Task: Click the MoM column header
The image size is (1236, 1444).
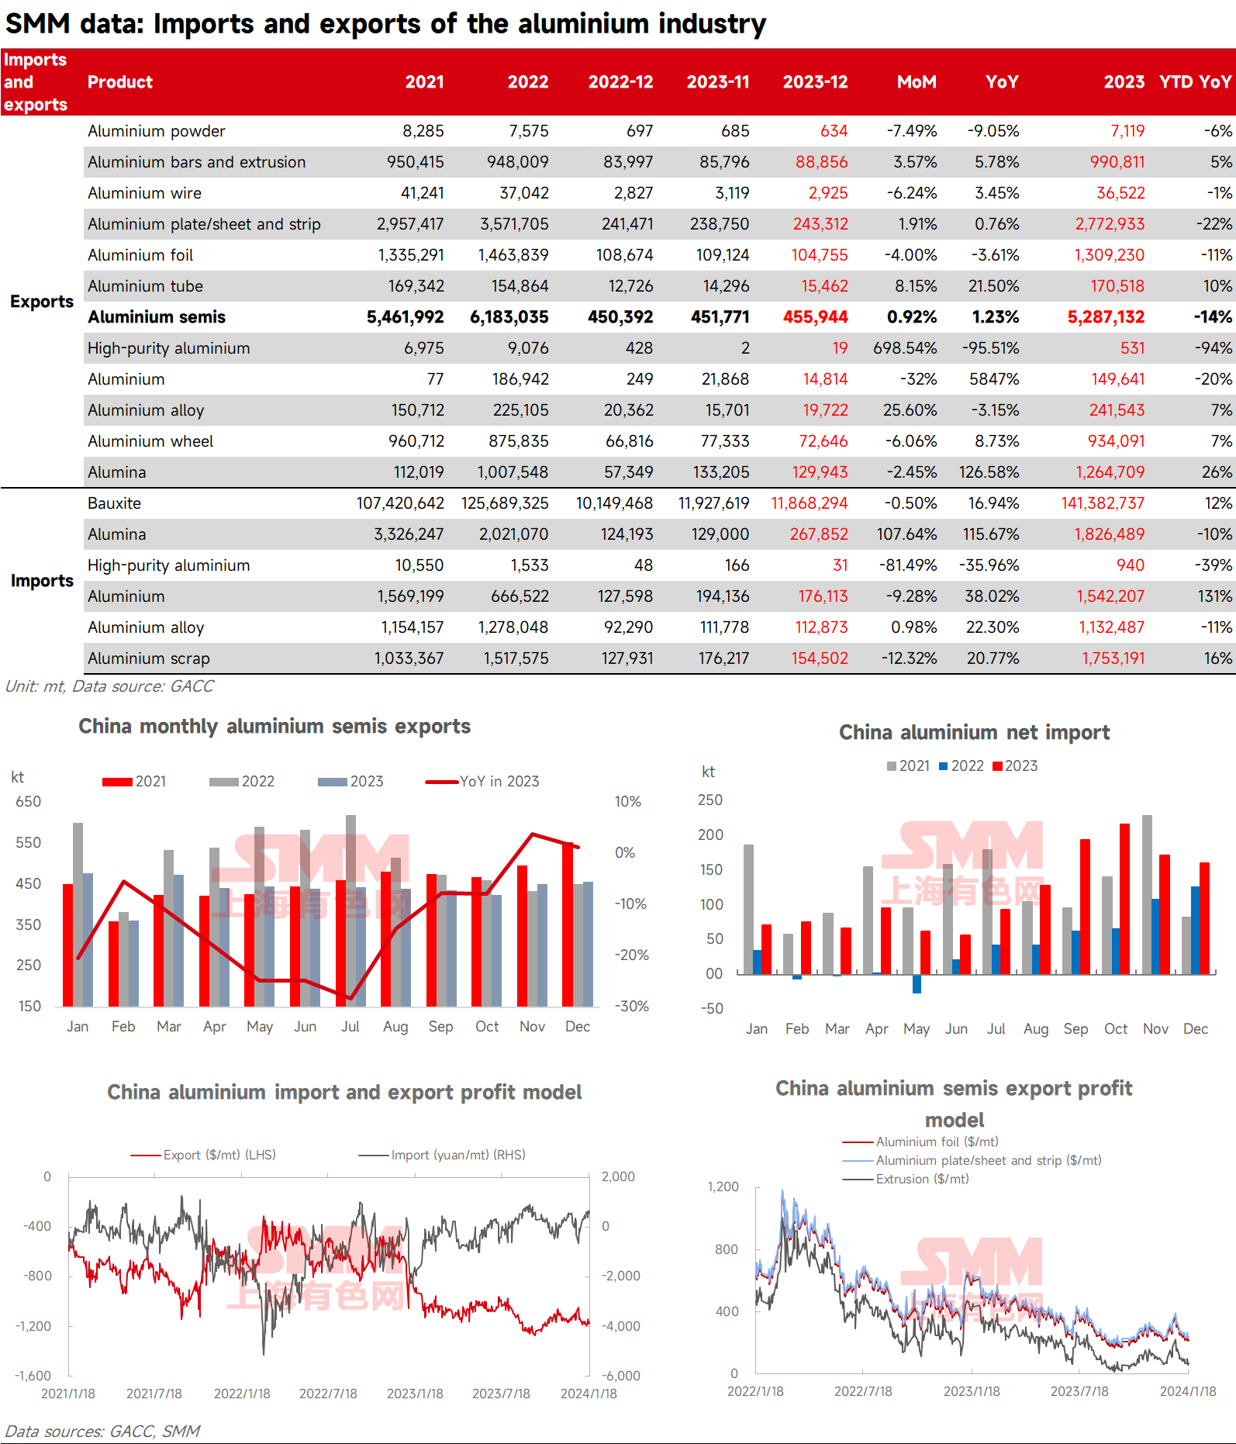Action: coord(917,82)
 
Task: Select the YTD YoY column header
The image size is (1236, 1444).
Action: coord(1195,82)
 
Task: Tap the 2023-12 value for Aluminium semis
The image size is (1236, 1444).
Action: coord(815,317)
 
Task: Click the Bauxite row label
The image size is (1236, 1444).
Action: coord(114,503)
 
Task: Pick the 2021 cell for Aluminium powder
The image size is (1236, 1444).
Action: coord(423,131)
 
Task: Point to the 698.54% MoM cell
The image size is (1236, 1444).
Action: coord(905,348)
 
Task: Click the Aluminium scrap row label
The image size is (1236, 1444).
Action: coord(149,658)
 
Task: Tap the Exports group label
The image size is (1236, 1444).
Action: coord(42,302)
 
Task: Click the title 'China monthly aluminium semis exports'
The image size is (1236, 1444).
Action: coord(274,726)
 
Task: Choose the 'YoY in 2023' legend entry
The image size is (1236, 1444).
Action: coord(482,781)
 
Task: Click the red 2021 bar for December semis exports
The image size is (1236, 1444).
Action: coord(568,924)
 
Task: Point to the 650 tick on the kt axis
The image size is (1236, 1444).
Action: coord(28,802)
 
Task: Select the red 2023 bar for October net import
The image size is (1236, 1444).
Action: coord(1124,899)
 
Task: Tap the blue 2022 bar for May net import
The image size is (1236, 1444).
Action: coord(917,983)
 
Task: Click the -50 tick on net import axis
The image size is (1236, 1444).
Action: coord(711,1008)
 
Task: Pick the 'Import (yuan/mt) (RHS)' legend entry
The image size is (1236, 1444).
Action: coord(442,1155)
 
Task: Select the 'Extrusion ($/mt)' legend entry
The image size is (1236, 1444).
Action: coord(906,1179)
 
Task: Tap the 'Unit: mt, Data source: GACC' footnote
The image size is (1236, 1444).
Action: coord(109,686)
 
